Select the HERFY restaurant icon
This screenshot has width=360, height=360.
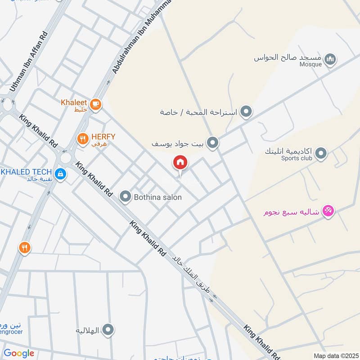tap(82, 139)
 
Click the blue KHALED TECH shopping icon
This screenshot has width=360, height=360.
tap(59, 173)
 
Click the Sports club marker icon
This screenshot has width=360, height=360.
tap(321, 154)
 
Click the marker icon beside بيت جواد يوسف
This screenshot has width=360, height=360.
tap(213, 143)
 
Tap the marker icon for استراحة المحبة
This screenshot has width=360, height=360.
tap(246, 111)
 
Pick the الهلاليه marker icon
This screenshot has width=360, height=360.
tap(108, 330)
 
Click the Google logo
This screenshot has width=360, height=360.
tap(19, 354)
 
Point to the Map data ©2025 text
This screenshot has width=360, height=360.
tap(335, 355)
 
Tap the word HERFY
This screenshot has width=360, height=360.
tap(104, 136)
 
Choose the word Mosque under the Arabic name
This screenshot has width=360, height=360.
tap(310, 64)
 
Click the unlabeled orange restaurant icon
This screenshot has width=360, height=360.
tap(25, 247)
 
